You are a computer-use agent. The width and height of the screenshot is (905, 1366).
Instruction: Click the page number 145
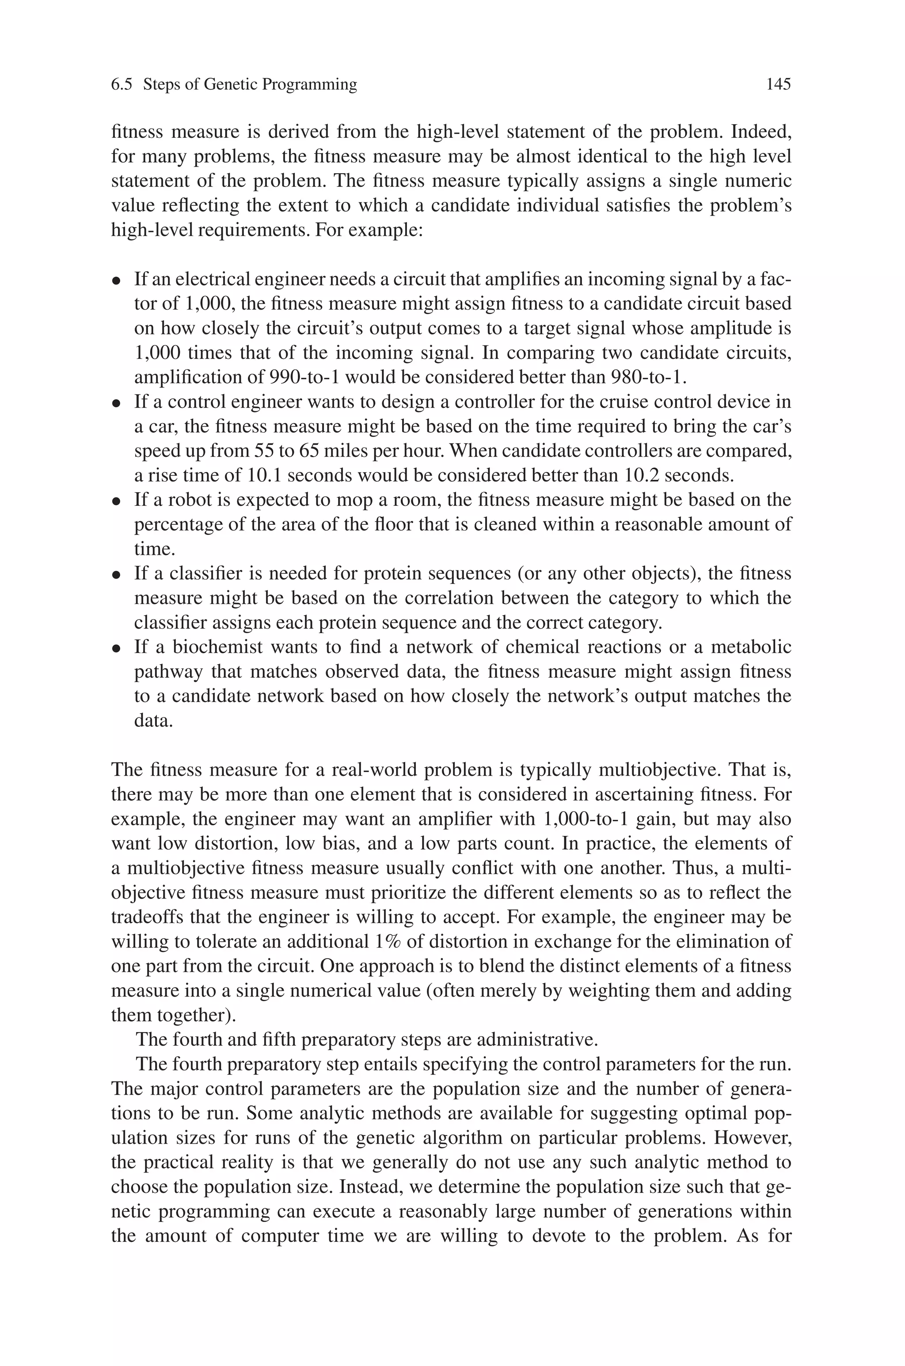tap(778, 85)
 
